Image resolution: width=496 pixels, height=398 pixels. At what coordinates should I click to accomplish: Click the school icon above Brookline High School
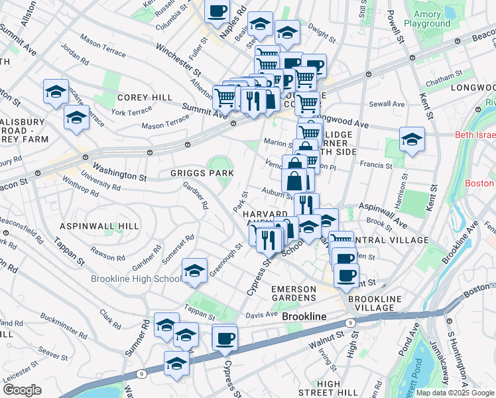(x=194, y=271)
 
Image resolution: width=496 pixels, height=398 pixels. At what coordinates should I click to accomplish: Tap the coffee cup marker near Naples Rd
(x=217, y=11)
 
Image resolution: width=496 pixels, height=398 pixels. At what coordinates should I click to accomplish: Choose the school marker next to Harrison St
(x=412, y=140)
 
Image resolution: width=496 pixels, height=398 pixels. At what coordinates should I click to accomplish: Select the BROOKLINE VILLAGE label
(x=374, y=304)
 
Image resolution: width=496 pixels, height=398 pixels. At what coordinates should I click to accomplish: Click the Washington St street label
(x=119, y=172)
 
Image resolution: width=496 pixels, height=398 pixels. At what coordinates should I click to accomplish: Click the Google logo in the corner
(x=22, y=389)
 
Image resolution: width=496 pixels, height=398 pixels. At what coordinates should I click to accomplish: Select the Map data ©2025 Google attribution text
(x=454, y=393)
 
